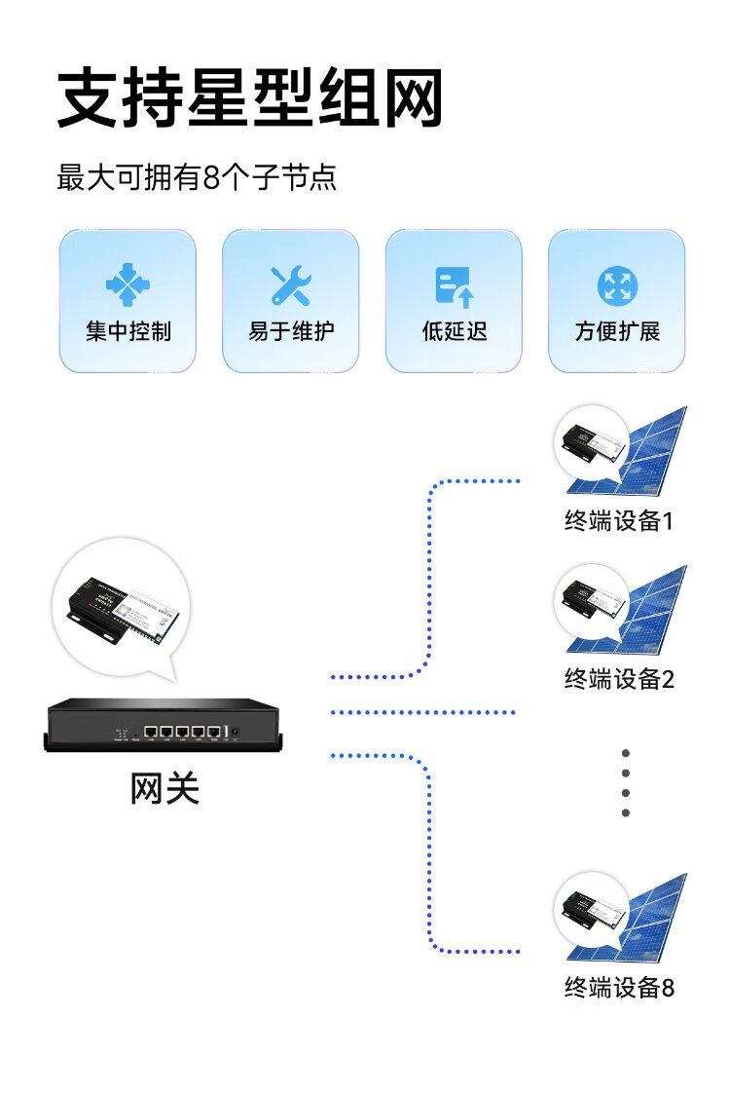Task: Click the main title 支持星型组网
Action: [x=250, y=98]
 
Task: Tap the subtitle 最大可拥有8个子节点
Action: [x=198, y=178]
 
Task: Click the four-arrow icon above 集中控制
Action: [x=128, y=285]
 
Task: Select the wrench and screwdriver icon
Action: [x=290, y=285]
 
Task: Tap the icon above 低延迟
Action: [x=454, y=285]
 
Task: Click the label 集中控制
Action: [x=128, y=331]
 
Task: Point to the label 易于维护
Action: [x=290, y=331]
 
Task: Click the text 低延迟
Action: [x=454, y=331]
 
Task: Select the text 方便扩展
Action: [x=617, y=331]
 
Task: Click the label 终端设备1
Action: [x=619, y=521]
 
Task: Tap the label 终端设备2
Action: [x=619, y=678]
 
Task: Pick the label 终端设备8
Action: [x=619, y=988]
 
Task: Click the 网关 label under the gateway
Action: [x=164, y=788]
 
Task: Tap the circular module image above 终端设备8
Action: [x=591, y=911]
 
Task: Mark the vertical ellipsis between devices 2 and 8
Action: [x=626, y=782]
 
